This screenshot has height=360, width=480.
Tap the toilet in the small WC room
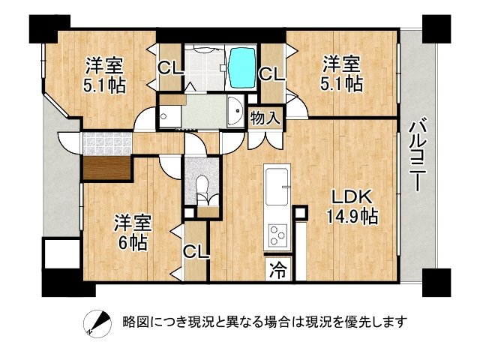(202, 187)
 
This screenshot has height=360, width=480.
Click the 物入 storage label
(265, 117)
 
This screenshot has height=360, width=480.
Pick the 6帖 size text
(131, 242)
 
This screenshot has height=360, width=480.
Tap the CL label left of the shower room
(169, 68)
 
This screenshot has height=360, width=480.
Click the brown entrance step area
(106, 166)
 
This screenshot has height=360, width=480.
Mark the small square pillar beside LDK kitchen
(301, 213)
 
